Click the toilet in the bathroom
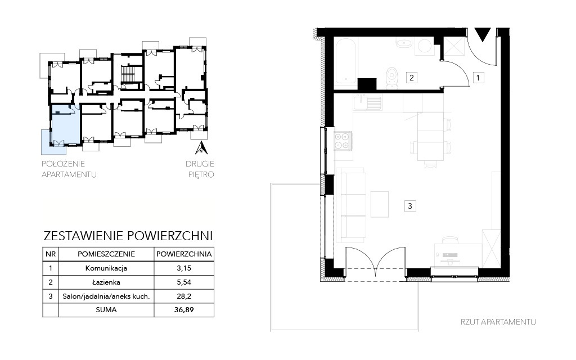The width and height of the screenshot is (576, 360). pyautogui.click(x=392, y=78)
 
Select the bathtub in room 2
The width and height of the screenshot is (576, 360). pyautogui.click(x=346, y=61)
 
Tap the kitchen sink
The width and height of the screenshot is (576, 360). pyautogui.click(x=367, y=102)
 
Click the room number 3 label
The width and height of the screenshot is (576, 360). pyautogui.click(x=410, y=206)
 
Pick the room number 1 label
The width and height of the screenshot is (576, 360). pyautogui.click(x=478, y=78)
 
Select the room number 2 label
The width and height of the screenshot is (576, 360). pyautogui.click(x=411, y=78)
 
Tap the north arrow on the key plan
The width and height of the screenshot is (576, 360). pyautogui.click(x=202, y=147)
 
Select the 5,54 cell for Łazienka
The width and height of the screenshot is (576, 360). pyautogui.click(x=184, y=282)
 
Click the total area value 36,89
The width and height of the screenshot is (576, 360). pyautogui.click(x=184, y=310)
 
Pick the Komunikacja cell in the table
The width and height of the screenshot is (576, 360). pyautogui.click(x=106, y=268)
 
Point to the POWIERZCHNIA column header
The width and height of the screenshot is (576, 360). pyautogui.click(x=184, y=254)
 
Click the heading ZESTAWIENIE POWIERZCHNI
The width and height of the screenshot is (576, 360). pyautogui.click(x=128, y=236)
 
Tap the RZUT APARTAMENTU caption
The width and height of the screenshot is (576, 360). pyautogui.click(x=498, y=322)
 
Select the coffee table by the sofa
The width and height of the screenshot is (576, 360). pyautogui.click(x=380, y=204)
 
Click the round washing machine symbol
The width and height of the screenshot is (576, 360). pyautogui.click(x=425, y=46)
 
